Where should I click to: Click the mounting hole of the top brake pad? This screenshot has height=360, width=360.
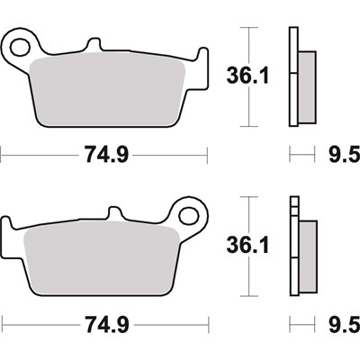(x=21, y=47)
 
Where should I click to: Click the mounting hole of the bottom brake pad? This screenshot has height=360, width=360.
(x=189, y=215)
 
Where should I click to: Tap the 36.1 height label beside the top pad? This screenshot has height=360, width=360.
(x=248, y=76)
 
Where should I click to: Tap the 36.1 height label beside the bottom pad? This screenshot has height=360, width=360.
(x=248, y=245)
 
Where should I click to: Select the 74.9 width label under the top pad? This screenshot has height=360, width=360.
(x=106, y=155)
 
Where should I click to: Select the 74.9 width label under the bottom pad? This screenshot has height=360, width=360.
(x=107, y=325)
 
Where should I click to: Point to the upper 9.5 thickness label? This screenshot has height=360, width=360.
(x=345, y=155)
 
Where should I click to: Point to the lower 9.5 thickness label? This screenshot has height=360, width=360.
(x=345, y=325)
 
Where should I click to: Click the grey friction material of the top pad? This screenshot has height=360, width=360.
(x=108, y=90)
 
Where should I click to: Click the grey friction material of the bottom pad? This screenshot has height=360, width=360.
(x=102, y=258)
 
